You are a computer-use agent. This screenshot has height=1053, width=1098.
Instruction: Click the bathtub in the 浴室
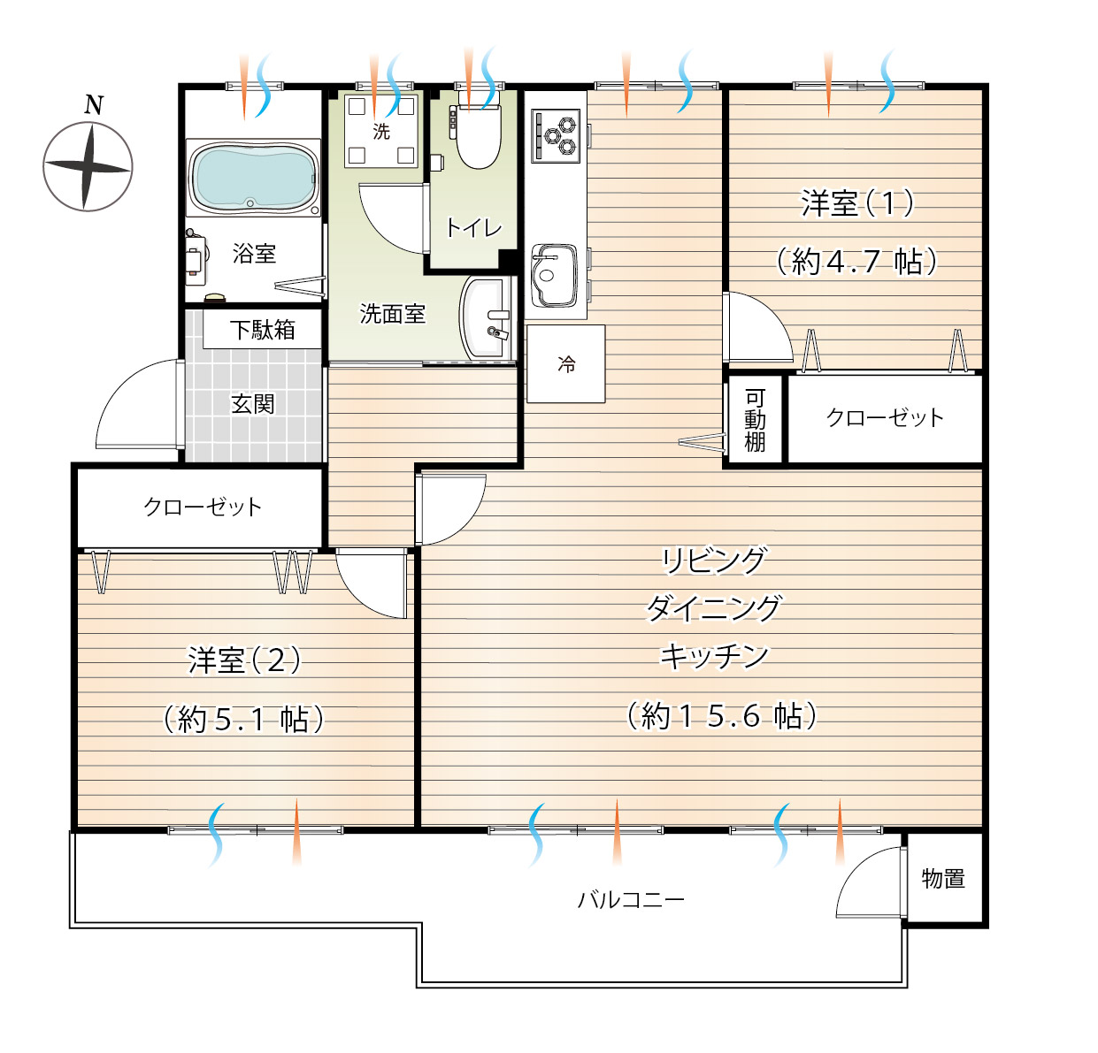pos(253,177)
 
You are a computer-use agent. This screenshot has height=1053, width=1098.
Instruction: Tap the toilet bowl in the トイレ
pos(478,135)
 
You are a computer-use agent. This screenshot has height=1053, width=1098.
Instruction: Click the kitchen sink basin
pos(554,276)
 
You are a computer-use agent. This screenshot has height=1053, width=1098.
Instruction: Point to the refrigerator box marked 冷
pos(566,363)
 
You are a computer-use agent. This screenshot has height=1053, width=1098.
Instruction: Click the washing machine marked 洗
pos(381,131)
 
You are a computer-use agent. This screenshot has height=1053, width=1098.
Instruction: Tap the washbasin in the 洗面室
pos(485,318)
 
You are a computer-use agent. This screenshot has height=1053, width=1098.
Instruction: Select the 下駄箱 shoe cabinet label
pos(263,330)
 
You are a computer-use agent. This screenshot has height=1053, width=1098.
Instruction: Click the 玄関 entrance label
pos(253,404)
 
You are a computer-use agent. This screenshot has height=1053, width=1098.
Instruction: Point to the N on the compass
pos(94,105)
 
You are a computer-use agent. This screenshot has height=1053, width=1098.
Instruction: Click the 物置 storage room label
pos(943,878)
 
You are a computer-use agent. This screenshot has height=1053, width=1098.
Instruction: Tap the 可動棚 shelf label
pos(755,420)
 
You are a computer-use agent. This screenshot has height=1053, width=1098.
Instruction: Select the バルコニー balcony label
pos(631,899)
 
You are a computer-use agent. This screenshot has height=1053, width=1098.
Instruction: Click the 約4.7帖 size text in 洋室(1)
pos(857,261)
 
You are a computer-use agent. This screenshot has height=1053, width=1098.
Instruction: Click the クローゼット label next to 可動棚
pos(885,417)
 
